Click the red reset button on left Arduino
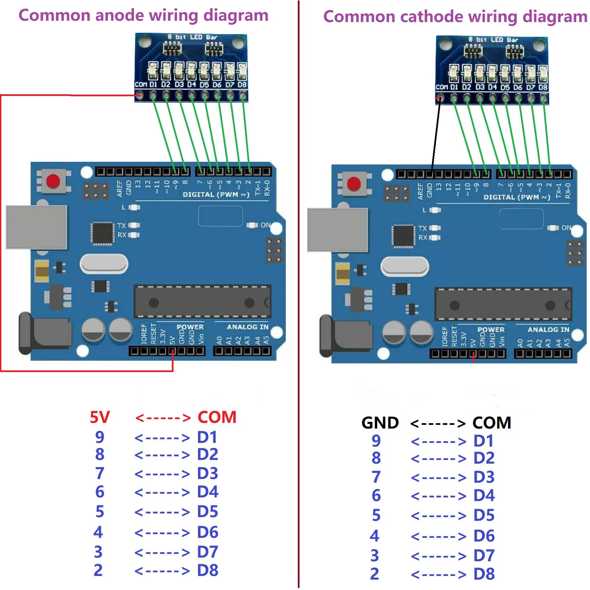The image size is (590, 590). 53,182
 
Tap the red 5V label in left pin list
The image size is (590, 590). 100,417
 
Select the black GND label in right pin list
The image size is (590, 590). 380,423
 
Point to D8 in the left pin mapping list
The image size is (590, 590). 207,570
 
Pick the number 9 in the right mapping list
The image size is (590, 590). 376,441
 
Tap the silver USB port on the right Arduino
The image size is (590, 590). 337,230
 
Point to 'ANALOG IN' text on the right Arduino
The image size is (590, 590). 548,330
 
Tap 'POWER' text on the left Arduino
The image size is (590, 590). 190,327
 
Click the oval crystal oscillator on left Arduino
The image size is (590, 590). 104,264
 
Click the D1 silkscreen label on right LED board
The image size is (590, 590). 454,87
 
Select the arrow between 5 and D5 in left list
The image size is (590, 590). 162,512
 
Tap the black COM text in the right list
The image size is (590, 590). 492,423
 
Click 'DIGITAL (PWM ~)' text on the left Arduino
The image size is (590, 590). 216,195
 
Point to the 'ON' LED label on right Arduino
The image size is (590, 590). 566,228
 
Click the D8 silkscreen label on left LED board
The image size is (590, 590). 242,85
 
